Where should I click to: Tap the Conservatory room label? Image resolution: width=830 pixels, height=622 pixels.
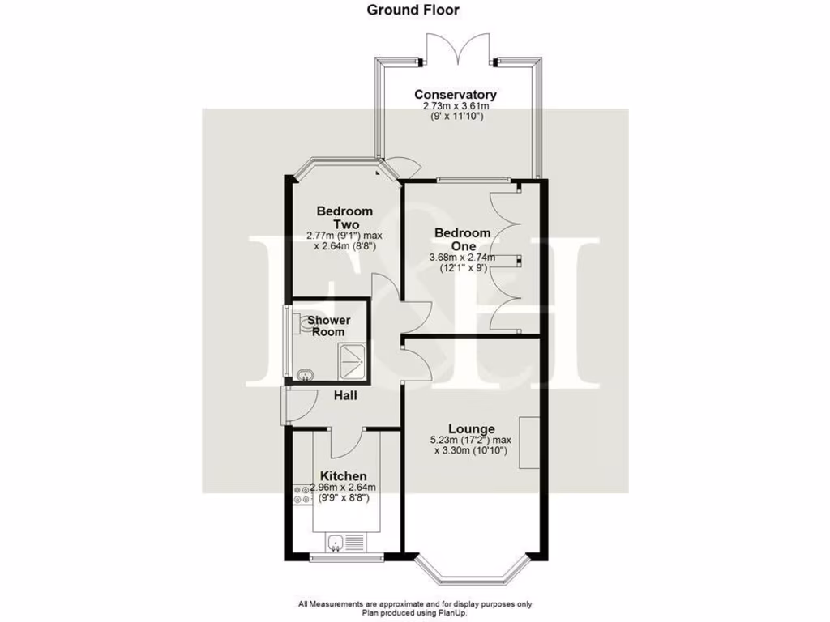pos(455,95)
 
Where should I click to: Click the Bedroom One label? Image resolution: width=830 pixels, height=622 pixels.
pos(462,239)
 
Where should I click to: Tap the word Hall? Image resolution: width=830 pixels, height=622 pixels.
pos(346,396)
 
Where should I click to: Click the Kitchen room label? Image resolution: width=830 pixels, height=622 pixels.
pos(343,475)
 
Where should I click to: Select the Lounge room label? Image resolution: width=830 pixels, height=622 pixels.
pos(473,428)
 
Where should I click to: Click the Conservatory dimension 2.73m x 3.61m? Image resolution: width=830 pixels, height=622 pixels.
pos(456,106)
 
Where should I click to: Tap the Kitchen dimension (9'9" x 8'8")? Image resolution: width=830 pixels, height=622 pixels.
pos(344,498)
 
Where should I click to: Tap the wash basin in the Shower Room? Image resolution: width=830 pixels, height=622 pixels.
pos(306,374)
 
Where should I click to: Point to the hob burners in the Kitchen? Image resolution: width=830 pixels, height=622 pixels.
pos(302,494)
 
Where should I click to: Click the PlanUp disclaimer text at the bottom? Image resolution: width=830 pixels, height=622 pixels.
pos(414,608)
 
